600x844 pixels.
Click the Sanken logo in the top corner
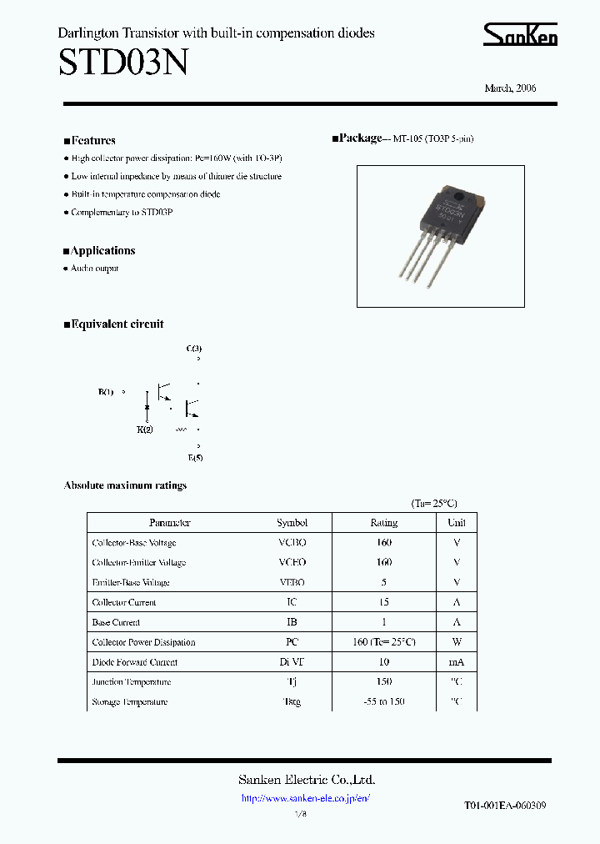pos(521,35)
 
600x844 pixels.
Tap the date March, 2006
pos(510,88)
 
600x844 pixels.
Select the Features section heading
pos(92,141)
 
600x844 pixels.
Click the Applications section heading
pos(102,251)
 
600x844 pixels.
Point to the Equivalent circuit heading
pos(117,324)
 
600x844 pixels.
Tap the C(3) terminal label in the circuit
pos(193,348)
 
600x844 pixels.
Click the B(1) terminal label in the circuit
pos(106,391)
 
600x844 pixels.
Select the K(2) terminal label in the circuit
pos(145,430)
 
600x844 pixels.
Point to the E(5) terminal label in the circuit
pos(195,458)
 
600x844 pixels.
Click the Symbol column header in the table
pos(292,523)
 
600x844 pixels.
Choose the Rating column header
pos(384,523)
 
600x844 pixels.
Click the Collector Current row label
pos(124,602)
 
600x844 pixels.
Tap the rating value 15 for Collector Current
pos(384,602)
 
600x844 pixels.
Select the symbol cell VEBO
pos(292,582)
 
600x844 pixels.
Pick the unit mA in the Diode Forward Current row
pos(456,662)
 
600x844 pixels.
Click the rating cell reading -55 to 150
pos(384,701)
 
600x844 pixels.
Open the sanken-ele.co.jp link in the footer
pos(305,798)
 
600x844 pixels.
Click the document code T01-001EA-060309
pos(505,806)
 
